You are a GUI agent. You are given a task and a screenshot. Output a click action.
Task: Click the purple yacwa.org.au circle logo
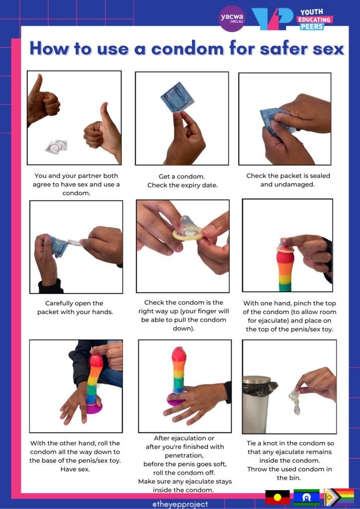232,19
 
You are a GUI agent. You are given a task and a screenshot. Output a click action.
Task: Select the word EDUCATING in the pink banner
315,19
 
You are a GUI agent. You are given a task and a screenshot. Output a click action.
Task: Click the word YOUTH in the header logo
312,11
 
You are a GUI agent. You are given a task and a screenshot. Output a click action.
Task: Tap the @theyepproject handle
180,504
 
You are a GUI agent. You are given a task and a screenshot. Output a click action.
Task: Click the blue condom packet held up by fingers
177,97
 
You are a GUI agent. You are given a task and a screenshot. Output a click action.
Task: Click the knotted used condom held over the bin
295,403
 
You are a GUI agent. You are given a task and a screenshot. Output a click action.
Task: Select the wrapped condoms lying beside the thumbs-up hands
56,146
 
